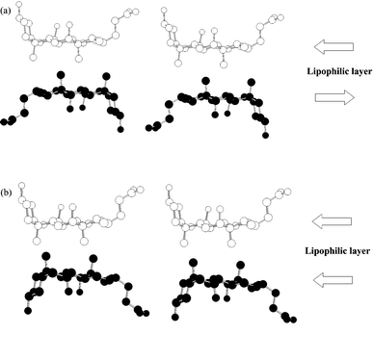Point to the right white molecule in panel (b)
[x=226, y=217]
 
